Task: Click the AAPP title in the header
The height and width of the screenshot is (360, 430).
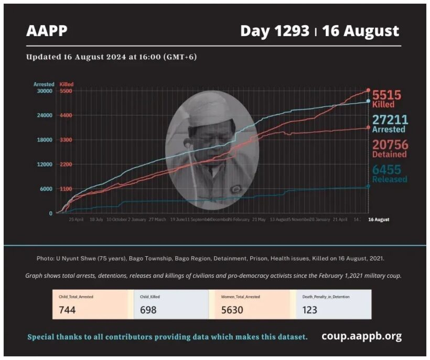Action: [47, 31]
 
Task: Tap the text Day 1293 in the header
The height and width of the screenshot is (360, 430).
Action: [274, 31]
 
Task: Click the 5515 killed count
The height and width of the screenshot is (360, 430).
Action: [387, 95]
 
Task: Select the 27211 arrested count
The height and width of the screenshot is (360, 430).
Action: [390, 120]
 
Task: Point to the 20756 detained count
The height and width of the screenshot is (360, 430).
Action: [390, 145]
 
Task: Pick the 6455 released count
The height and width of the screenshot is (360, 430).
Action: [390, 169]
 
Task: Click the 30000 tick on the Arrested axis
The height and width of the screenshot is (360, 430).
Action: [44, 91]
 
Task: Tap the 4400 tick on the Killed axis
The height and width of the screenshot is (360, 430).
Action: [66, 115]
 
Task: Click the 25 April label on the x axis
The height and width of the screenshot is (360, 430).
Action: [76, 220]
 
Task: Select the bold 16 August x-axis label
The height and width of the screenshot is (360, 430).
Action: [378, 220]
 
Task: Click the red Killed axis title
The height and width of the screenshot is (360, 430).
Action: [67, 84]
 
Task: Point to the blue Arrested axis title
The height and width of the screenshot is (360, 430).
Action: [44, 84]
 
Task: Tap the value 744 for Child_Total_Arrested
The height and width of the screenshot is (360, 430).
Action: [68, 310]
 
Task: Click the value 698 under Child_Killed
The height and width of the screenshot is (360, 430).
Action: [148, 310]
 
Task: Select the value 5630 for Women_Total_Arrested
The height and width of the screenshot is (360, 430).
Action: [231, 310]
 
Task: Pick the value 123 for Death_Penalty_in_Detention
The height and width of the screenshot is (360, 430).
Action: [310, 310]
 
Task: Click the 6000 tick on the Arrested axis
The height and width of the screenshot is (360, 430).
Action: [45, 189]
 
